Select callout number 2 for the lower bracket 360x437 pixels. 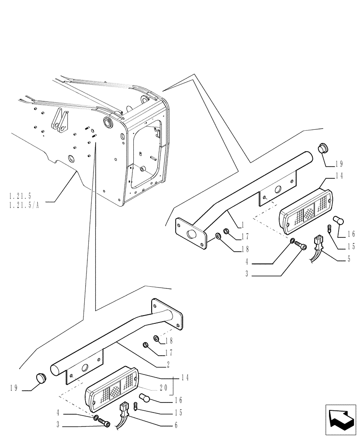pyautogui.click(x=168, y=364)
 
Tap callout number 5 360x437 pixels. pyautogui.click(x=349, y=259)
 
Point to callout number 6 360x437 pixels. pyautogui.click(x=175, y=425)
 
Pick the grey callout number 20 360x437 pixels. pyautogui.click(x=163, y=388)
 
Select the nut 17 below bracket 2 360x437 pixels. pyautogui.click(x=146, y=346)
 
